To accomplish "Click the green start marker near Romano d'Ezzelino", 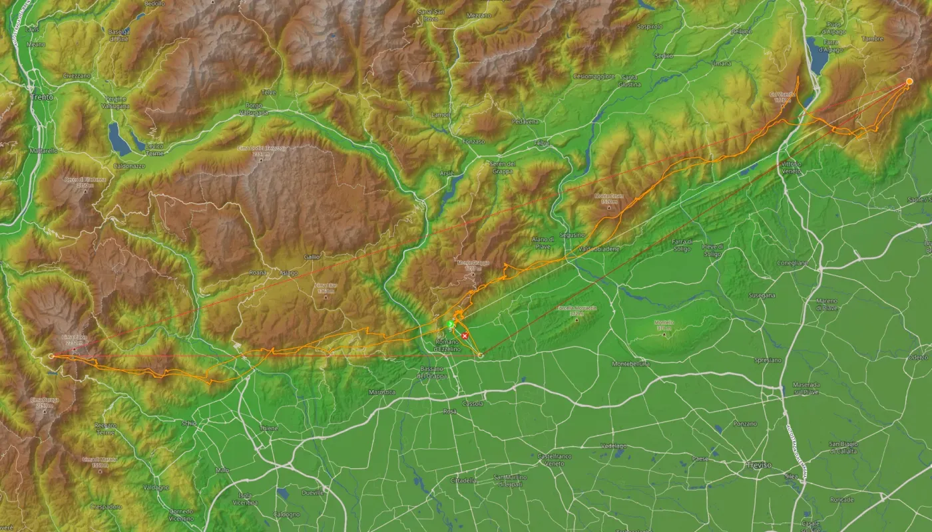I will coord(450,325).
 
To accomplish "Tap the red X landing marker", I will coord(465,336).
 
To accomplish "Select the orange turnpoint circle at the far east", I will coord(909,81).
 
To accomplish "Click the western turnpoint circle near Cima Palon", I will coord(52,356).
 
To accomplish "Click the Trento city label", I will coord(41,96).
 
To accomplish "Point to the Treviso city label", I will coord(758,465).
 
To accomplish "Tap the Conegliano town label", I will coord(792,263).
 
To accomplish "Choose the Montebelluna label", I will coord(630,364).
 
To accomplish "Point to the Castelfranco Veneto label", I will coord(555,460).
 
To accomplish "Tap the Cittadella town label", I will coord(463,480).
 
